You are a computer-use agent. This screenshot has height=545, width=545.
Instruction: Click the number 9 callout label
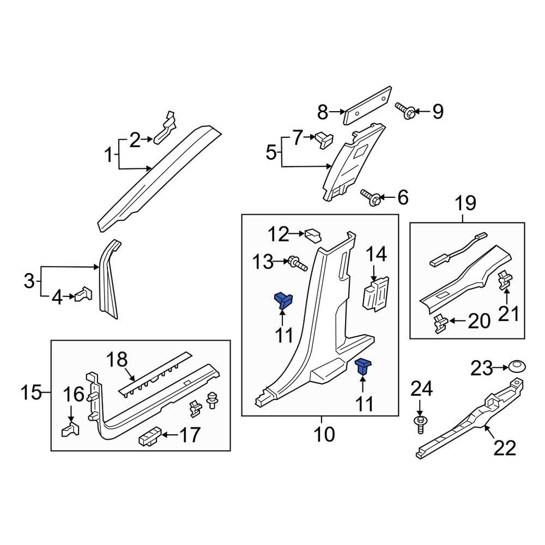(438, 112)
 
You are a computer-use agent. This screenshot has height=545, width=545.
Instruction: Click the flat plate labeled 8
(368, 105)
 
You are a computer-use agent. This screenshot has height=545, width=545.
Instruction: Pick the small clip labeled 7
(324, 140)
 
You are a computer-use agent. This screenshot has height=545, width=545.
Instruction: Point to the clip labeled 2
(166, 129)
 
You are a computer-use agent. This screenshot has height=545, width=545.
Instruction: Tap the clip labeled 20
(440, 323)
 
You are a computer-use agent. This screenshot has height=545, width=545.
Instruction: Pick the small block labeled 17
(150, 437)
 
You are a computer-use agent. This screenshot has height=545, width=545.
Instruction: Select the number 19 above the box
(465, 205)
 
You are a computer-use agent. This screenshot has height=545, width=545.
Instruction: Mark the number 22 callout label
(504, 448)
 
